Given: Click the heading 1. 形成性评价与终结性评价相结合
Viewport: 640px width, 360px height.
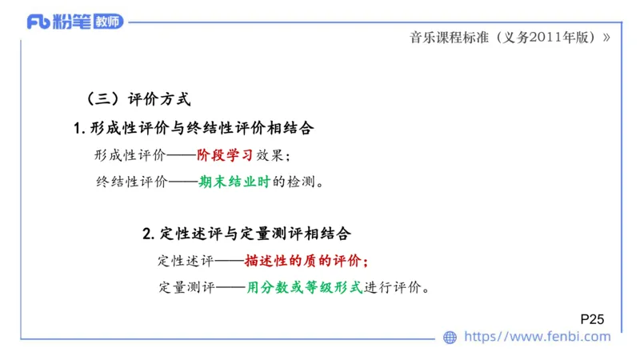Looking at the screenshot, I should tap(193, 128).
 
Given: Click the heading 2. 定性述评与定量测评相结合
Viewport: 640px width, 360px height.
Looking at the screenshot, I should tap(246, 234).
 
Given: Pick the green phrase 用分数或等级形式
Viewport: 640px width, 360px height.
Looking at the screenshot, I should tap(305, 287).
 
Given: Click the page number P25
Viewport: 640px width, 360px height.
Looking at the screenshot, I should tap(592, 319).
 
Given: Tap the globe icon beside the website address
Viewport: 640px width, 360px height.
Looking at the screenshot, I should tap(450, 338).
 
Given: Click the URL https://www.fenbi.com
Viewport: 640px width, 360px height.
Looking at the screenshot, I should tap(538, 337).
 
